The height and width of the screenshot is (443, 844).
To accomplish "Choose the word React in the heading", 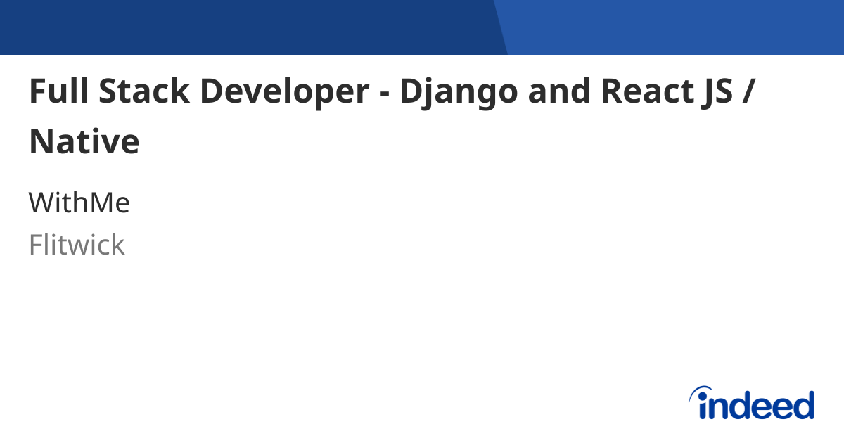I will [644, 91].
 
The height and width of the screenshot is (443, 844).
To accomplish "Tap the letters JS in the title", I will [712, 93].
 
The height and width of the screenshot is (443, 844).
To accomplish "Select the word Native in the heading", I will [84, 142].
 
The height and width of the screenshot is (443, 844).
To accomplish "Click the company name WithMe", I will [79, 203].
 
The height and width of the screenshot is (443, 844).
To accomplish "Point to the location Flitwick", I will [77, 245].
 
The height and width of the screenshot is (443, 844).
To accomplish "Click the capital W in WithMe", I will [42, 203].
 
